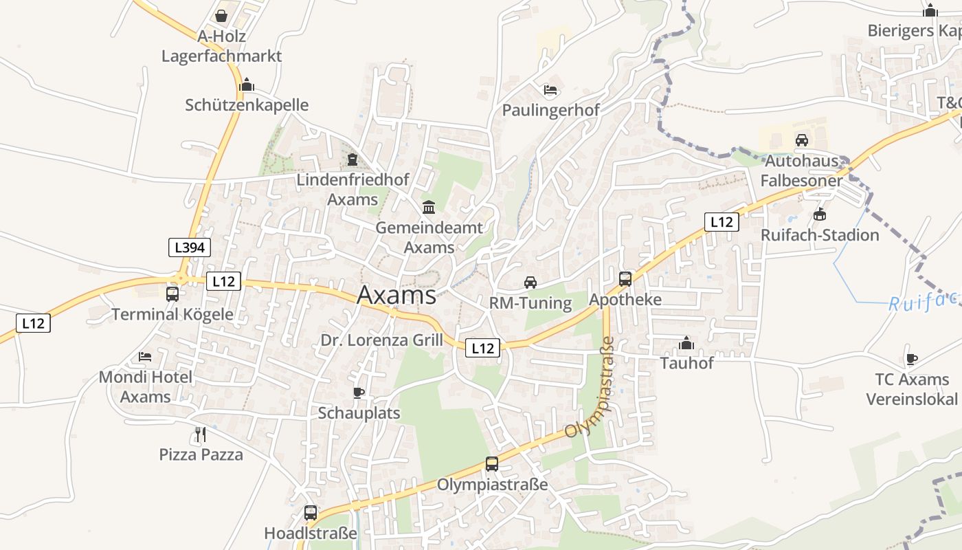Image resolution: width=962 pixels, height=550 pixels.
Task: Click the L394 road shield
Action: (190, 247)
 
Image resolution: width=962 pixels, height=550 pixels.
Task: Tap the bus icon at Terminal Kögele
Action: (172, 294)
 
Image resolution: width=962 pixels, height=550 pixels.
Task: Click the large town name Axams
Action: (396, 295)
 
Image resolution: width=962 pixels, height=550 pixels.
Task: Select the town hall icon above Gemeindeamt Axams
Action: (429, 207)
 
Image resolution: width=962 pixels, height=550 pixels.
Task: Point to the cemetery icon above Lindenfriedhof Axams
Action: (353, 159)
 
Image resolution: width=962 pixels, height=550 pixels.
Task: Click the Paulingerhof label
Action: (550, 110)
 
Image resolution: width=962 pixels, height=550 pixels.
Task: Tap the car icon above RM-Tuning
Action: (530, 283)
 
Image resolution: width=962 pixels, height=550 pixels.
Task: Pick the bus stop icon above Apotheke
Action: (625, 278)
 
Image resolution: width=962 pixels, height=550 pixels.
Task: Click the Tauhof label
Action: (686, 363)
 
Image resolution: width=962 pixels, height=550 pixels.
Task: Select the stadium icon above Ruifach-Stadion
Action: (819, 214)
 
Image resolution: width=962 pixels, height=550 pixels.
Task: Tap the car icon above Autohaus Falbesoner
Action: (801, 140)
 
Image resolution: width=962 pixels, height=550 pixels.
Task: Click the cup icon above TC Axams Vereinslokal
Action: (911, 359)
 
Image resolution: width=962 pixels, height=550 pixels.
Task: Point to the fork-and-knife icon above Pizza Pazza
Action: (201, 434)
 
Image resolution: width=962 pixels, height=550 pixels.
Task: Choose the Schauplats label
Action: (359, 413)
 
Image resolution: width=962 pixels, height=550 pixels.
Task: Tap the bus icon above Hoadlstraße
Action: (311, 513)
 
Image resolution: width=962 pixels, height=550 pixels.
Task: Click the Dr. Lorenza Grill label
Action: (382, 340)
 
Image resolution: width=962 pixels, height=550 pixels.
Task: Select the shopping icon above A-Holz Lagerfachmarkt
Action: (221, 15)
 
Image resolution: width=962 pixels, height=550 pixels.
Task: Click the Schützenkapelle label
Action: (247, 105)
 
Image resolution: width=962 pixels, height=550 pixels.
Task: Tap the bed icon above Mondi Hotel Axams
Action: (145, 356)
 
